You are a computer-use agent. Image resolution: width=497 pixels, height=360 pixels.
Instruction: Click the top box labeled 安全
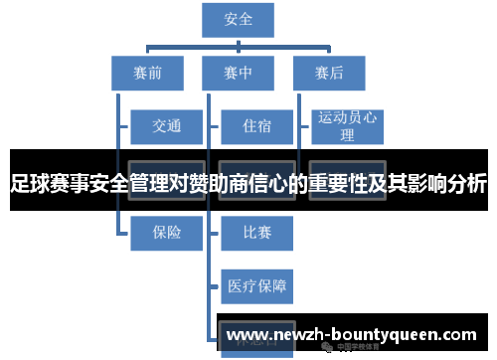click(x=239, y=20)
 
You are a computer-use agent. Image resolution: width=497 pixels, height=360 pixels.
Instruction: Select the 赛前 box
click(x=146, y=72)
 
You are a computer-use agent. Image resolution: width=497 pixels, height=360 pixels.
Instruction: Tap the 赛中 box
click(x=239, y=72)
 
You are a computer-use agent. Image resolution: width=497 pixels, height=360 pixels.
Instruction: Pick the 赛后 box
click(x=329, y=72)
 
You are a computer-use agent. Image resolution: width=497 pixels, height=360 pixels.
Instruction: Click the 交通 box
click(x=166, y=126)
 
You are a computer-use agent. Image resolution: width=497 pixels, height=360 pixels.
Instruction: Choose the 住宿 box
click(x=256, y=126)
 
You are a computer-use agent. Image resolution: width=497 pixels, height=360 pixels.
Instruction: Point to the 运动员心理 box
click(x=347, y=126)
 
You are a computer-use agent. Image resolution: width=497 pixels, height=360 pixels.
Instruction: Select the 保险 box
click(x=166, y=233)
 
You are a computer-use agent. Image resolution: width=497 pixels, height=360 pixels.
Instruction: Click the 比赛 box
click(x=256, y=233)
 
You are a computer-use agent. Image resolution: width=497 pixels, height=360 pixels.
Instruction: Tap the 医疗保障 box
click(x=256, y=286)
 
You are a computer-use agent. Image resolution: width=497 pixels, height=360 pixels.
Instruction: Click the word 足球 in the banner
click(x=31, y=184)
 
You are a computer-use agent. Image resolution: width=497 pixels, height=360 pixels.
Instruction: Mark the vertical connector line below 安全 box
click(x=239, y=42)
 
